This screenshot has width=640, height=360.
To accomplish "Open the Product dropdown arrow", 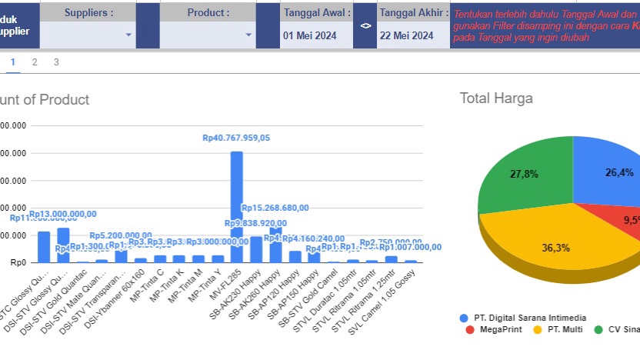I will point(248,35).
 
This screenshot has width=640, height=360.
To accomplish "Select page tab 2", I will point(35,62).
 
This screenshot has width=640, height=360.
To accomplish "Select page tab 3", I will point(56,62).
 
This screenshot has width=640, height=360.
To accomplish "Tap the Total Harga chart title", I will point(496,98).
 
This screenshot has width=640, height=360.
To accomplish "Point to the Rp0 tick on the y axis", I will point(16,263).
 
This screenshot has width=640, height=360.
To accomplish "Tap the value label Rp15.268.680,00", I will point(275,208).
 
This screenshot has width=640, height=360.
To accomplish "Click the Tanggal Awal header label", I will point(317,12).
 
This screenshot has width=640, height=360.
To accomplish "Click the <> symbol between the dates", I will point(365,25).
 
